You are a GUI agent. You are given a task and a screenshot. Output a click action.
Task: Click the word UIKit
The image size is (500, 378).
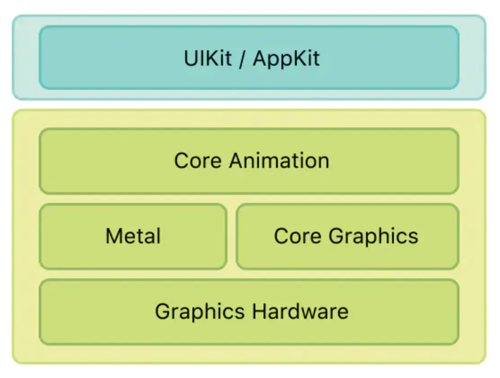207,58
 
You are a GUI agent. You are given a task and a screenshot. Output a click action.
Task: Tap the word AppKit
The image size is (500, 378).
286,59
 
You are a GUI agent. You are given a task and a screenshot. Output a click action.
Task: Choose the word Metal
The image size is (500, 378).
133,236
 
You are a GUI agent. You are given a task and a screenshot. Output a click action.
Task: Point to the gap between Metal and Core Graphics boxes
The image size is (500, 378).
232,236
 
